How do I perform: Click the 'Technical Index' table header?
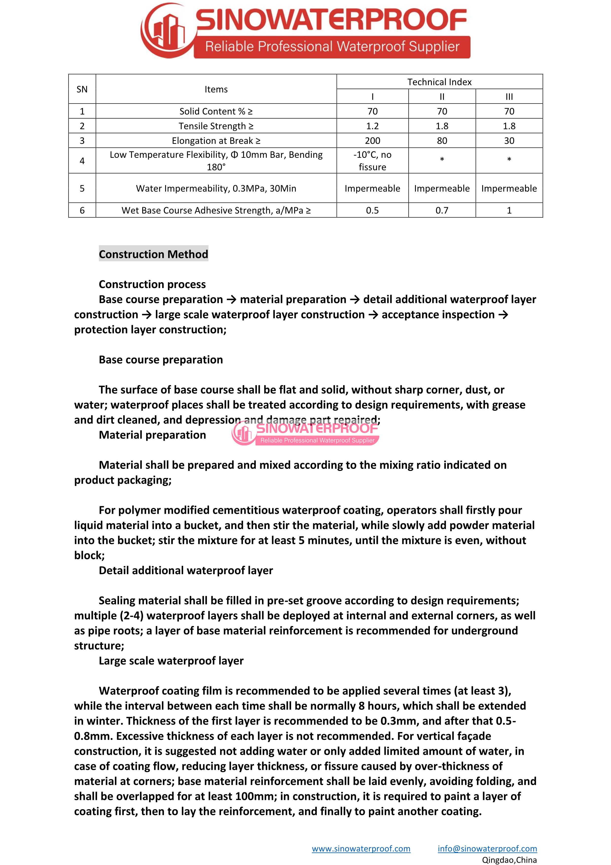(x=439, y=82)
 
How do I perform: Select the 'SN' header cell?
(x=82, y=89)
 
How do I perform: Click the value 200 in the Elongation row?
(x=372, y=141)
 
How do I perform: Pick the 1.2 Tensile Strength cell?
(x=372, y=126)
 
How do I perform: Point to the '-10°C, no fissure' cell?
(x=372, y=161)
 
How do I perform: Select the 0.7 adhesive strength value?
(x=442, y=210)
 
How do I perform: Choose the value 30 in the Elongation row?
(x=509, y=141)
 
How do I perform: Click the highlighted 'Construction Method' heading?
(x=153, y=254)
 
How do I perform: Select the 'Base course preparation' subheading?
(x=161, y=360)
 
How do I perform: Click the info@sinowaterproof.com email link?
(x=487, y=848)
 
